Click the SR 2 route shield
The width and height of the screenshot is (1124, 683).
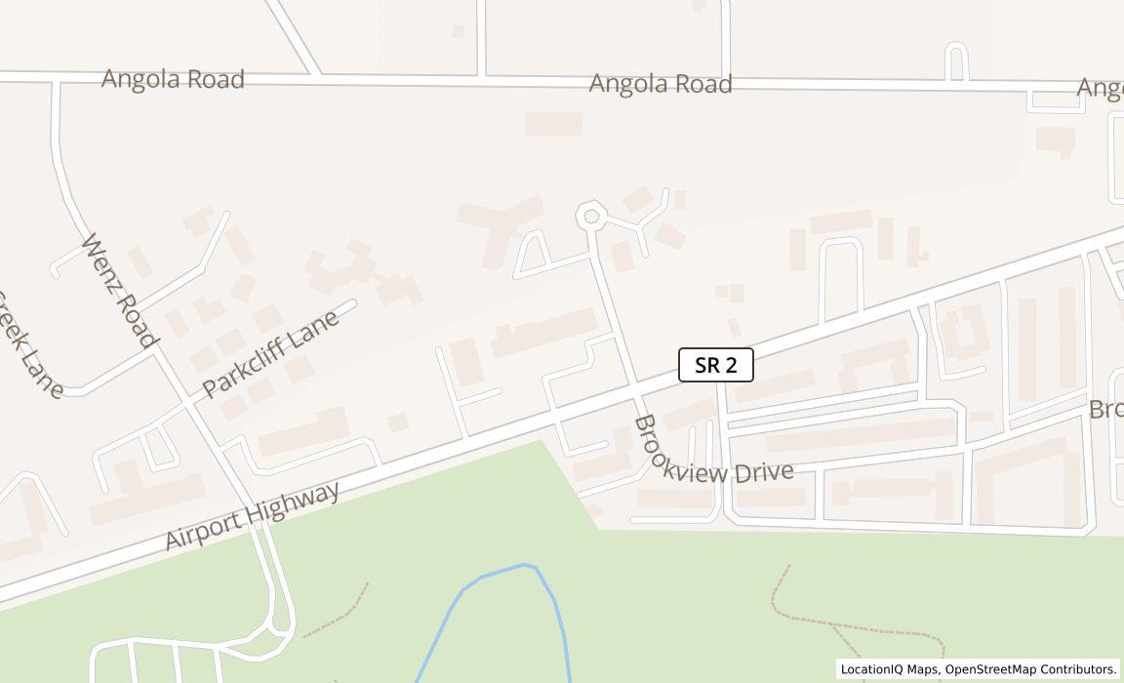[716, 366]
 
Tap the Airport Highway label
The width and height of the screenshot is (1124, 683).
[252, 515]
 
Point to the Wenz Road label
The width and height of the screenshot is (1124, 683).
[119, 290]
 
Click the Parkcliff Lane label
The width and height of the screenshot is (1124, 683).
[270, 353]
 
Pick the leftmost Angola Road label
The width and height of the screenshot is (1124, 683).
[173, 79]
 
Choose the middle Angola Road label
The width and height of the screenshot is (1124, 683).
[661, 85]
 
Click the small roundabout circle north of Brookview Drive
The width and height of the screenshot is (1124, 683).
[589, 217]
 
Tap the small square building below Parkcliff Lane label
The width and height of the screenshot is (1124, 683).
[397, 422]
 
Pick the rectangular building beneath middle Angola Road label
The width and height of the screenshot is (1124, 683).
[553, 124]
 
